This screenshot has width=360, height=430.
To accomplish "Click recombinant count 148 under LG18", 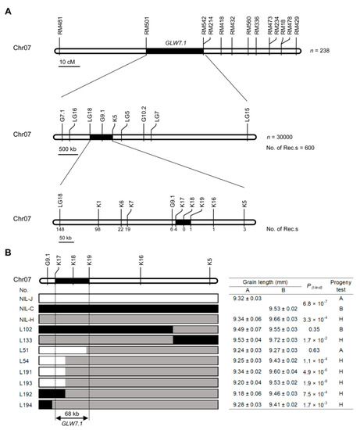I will coord(61,229).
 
